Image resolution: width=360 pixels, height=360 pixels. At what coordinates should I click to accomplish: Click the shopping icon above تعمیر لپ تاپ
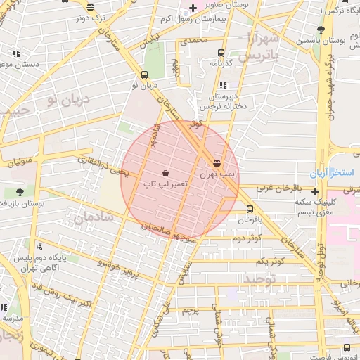click(x=165, y=173)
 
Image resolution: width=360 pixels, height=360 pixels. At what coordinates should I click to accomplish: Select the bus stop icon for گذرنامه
click(x=221, y=53)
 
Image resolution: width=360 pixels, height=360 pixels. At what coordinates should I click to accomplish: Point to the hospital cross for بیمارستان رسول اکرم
click(x=193, y=8)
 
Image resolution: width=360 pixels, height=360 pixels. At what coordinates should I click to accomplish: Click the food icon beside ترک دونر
click(x=90, y=7)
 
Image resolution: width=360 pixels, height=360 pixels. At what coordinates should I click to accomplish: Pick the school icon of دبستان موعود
click(x=16, y=53)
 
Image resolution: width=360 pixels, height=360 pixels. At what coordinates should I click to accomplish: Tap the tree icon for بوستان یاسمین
click(x=321, y=30)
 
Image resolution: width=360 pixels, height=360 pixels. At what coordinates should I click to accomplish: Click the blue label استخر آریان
click(x=334, y=172)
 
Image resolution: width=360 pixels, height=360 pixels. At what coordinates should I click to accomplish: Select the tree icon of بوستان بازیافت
click(x=19, y=191)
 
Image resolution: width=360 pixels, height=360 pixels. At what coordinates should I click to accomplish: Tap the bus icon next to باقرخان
click(x=250, y=209)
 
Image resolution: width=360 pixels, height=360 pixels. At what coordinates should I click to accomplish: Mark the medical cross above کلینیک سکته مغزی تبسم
click(x=315, y=191)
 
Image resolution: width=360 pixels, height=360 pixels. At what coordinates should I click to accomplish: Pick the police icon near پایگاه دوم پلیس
click(x=39, y=247)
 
